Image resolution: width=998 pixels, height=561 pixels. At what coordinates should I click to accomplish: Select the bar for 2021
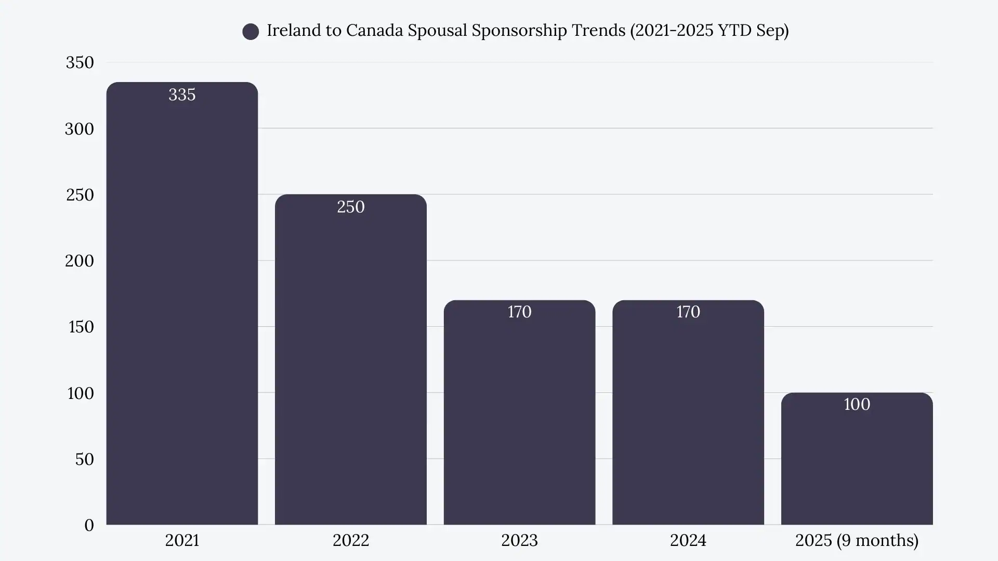click(182, 312)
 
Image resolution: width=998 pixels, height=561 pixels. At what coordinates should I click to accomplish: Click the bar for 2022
click(351, 364)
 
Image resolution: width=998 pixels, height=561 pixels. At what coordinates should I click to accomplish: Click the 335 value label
click(182, 95)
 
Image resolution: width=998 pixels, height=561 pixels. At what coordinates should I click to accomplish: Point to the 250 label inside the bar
click(351, 207)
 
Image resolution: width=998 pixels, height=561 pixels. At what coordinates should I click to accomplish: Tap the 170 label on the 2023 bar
click(519, 312)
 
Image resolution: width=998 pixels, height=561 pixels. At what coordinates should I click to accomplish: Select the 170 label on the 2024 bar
click(688, 312)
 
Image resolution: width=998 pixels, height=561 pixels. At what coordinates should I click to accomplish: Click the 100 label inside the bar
click(857, 404)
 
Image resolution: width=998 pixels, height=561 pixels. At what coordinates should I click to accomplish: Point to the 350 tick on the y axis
click(80, 62)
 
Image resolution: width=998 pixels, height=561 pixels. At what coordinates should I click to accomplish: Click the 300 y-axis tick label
click(80, 129)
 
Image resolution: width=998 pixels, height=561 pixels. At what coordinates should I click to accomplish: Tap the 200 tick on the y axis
click(80, 261)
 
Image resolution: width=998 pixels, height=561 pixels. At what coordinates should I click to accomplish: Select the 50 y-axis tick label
click(84, 459)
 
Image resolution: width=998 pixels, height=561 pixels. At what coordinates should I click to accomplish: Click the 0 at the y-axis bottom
click(89, 525)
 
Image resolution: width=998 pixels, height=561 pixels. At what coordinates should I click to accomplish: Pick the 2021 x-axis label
click(182, 540)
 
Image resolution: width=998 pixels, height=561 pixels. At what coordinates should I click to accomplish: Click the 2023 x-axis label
click(519, 540)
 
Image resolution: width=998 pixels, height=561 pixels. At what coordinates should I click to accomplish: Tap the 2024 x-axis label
click(688, 540)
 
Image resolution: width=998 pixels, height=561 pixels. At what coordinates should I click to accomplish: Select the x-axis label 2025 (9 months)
click(857, 540)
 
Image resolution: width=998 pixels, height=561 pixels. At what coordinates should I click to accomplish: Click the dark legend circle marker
click(251, 32)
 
